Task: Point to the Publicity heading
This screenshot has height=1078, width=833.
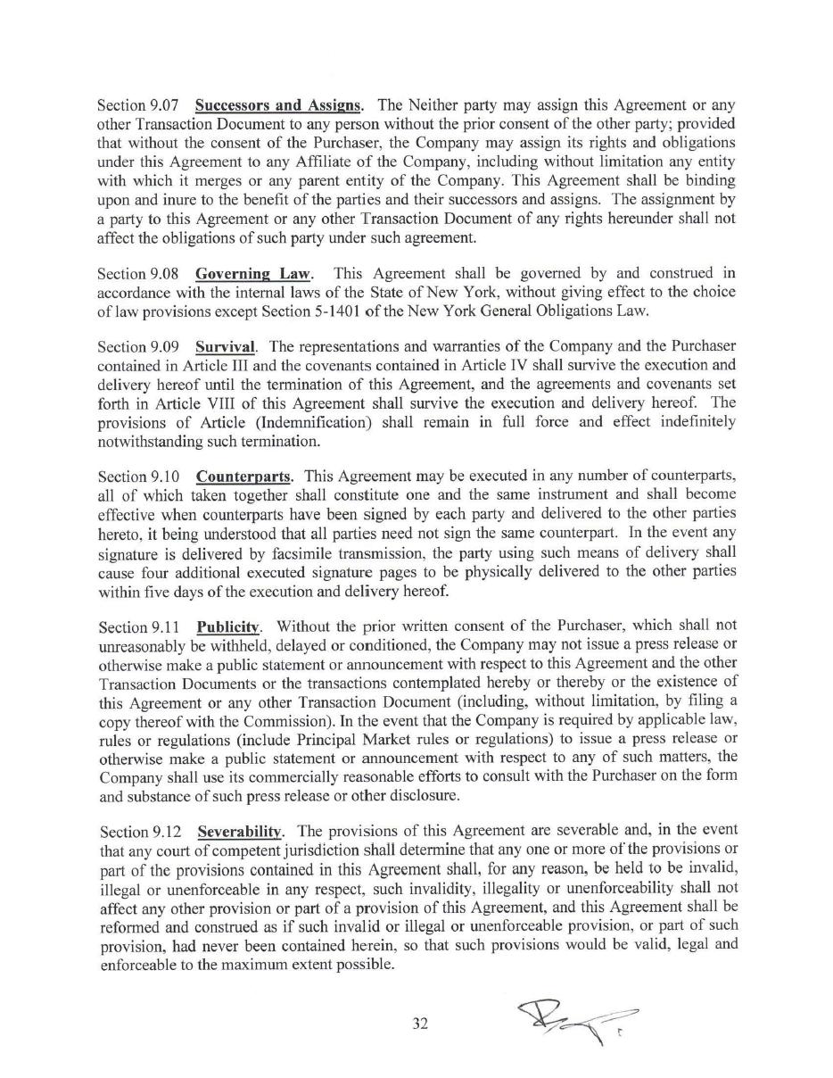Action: point(228,626)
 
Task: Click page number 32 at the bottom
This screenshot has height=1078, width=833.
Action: point(421,1024)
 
